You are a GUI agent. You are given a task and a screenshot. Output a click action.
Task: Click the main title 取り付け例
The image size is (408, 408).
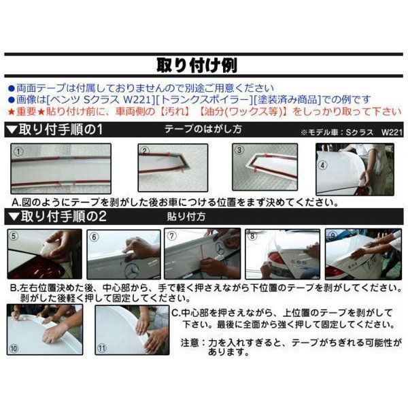pyautogui.click(x=197, y=65)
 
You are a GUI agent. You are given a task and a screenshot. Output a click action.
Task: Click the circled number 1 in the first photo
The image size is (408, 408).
pyautogui.click(x=18, y=152)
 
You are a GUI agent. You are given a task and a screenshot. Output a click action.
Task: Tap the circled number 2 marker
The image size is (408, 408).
pyautogui.click(x=145, y=151)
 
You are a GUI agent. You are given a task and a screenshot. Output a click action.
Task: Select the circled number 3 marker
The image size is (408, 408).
pyautogui.click(x=239, y=150)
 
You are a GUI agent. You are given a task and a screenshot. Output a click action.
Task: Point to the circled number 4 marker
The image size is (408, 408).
pyautogui.click(x=323, y=165)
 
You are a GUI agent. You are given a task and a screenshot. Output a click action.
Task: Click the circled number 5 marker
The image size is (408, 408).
pyautogui.click(x=14, y=236)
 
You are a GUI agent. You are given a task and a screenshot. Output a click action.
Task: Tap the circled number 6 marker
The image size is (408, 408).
pyautogui.click(x=95, y=237)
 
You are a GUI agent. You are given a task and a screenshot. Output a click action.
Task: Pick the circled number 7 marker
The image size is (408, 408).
pyautogui.click(x=171, y=236)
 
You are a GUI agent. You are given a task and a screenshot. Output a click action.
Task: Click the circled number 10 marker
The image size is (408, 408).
pyautogui.click(x=14, y=348)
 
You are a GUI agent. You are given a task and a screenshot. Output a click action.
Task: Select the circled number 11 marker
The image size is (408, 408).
pyautogui.click(x=102, y=348)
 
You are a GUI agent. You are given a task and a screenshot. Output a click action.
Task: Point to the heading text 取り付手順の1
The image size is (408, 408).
pyautogui.click(x=61, y=130)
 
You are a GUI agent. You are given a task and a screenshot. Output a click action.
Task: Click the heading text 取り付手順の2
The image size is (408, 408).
pyautogui.click(x=64, y=216)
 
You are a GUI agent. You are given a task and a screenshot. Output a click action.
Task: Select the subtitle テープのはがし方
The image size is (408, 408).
pyautogui.click(x=203, y=129)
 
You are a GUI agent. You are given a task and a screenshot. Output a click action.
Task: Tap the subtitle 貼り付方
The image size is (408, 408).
pyautogui.click(x=186, y=216)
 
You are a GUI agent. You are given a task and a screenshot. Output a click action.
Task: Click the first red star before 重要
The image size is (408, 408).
pyautogui.click(x=11, y=112)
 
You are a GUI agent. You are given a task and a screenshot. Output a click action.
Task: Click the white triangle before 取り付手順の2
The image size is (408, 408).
pyautogui.click(x=14, y=216)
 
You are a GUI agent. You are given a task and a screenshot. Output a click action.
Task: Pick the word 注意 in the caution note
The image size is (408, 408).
pyautogui.click(x=190, y=343)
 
